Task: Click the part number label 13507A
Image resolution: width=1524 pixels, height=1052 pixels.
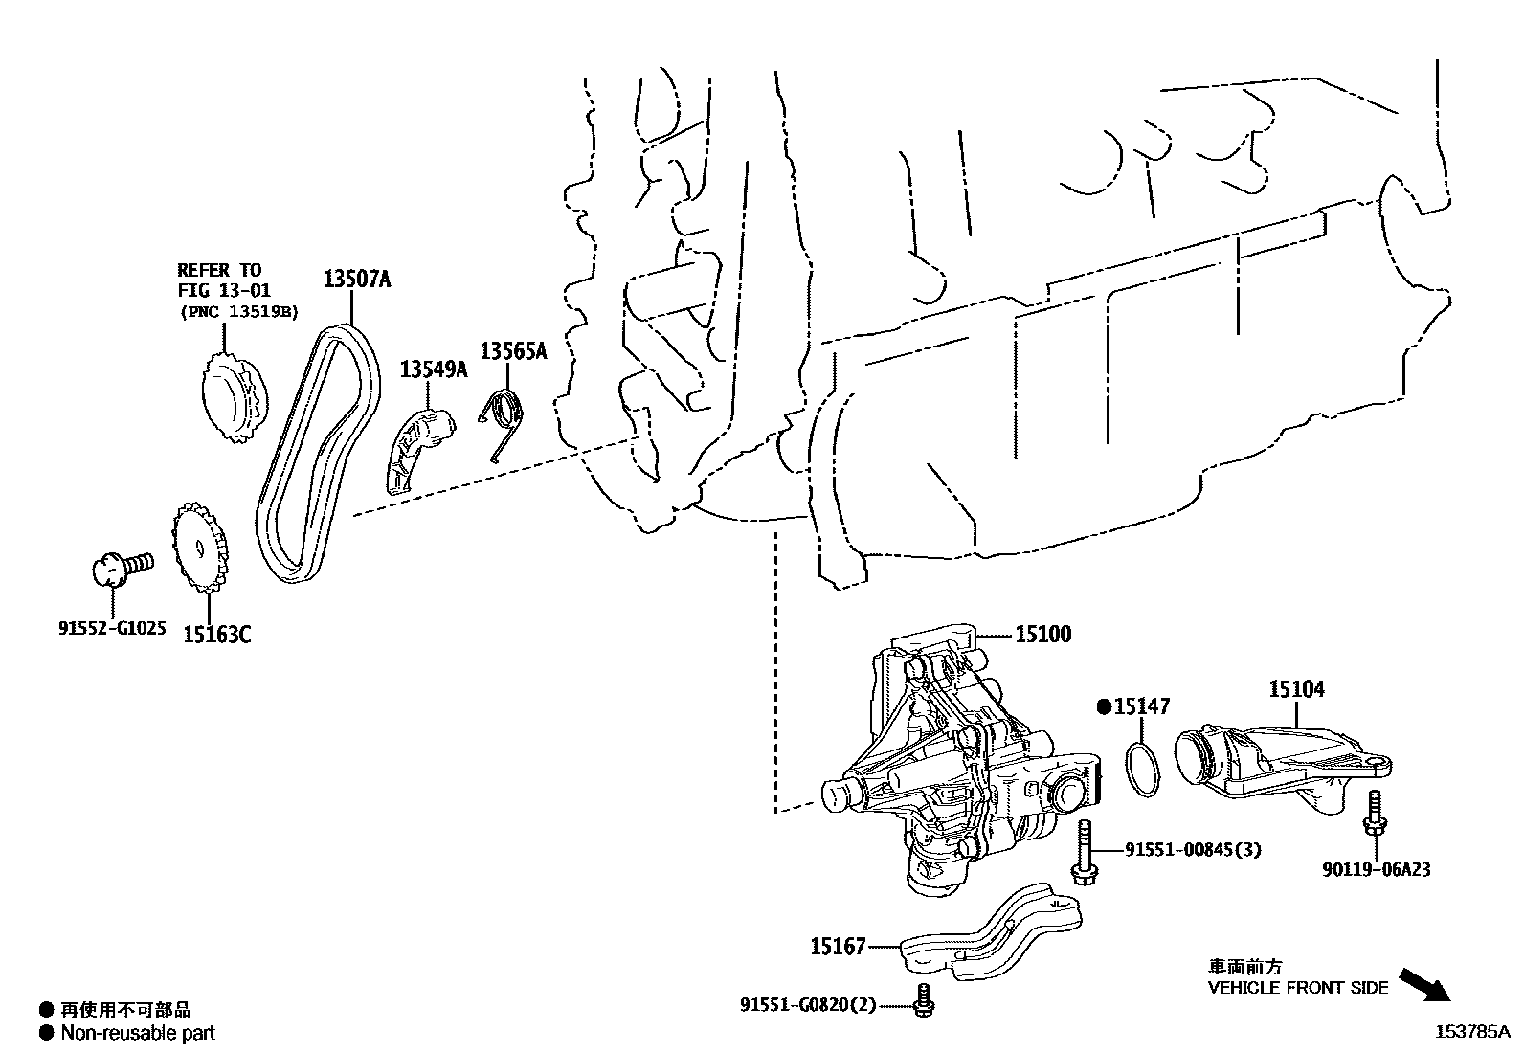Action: [x=356, y=280]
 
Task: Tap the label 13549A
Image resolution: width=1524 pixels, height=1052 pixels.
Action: [x=433, y=369]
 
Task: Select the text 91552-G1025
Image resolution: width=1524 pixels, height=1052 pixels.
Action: [x=112, y=629]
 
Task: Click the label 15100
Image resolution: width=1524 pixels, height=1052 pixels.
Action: [x=1042, y=634]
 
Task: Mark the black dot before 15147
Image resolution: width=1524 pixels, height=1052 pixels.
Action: [x=1104, y=707]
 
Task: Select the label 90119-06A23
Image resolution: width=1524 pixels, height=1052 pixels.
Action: [x=1376, y=870]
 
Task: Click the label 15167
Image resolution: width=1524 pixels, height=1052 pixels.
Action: [x=838, y=947]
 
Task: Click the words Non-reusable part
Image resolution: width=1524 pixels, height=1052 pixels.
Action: [x=138, y=1033]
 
